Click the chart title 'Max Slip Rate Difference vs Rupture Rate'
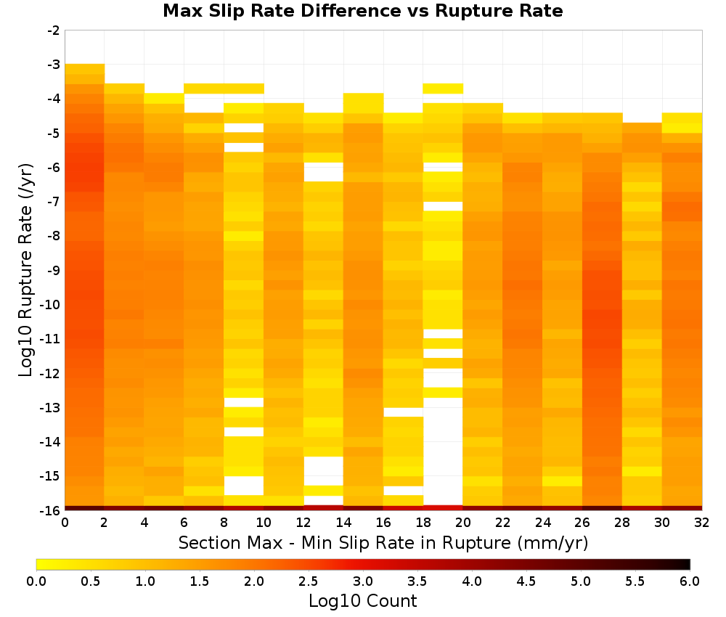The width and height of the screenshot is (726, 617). [362, 11]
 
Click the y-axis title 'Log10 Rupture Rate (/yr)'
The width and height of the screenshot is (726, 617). [26, 270]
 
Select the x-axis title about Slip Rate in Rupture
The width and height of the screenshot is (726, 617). [383, 542]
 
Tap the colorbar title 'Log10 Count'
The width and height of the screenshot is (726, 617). [362, 601]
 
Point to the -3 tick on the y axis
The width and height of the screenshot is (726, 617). [54, 65]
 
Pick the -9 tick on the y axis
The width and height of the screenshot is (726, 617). [54, 270]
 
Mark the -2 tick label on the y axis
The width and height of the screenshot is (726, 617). [54, 30]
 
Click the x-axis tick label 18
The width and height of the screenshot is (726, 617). [423, 523]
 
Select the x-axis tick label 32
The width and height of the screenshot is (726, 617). [702, 523]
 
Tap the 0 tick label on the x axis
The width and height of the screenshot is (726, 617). [65, 523]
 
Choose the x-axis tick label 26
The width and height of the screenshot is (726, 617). [582, 523]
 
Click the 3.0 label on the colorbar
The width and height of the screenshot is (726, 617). [363, 581]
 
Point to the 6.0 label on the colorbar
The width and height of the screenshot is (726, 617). [690, 581]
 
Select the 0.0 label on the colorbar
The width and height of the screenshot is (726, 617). [36, 581]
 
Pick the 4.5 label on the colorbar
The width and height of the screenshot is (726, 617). [526, 581]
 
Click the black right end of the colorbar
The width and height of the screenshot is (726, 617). [687, 564]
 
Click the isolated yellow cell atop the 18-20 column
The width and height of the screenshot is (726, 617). [443, 89]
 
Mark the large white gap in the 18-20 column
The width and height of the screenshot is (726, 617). [443, 451]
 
